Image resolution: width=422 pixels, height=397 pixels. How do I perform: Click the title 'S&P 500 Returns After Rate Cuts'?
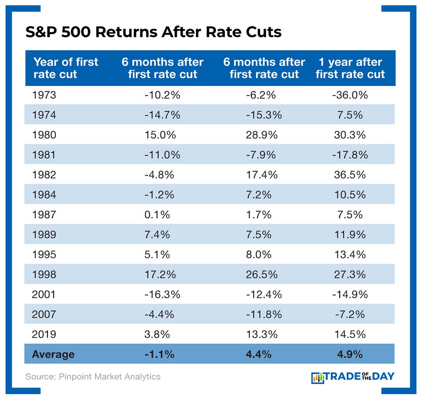point(153,32)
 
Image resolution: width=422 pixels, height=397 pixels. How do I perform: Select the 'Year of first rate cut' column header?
point(65,68)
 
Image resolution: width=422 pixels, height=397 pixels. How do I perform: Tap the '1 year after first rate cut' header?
point(350,68)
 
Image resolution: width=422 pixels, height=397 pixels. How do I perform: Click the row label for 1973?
point(43,95)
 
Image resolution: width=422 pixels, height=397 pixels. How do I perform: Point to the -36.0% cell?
point(350,95)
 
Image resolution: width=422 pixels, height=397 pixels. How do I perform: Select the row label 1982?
point(43,175)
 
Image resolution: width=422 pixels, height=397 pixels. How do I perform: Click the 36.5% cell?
point(350,175)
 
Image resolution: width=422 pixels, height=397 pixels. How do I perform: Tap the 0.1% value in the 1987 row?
point(157,215)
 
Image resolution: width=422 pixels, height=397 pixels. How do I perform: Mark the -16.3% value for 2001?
point(162,294)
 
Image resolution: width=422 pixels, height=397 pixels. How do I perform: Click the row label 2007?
point(43,314)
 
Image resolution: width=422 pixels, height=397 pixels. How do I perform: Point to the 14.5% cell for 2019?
point(350,335)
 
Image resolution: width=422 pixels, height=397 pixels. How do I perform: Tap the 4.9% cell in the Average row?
point(350,354)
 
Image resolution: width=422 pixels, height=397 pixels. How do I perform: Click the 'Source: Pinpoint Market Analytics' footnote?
point(93,376)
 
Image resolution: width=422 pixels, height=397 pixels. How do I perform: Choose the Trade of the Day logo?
point(352,376)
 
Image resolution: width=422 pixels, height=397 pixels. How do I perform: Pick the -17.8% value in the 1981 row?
point(350,155)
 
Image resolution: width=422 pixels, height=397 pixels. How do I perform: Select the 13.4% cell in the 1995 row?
point(350,254)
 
